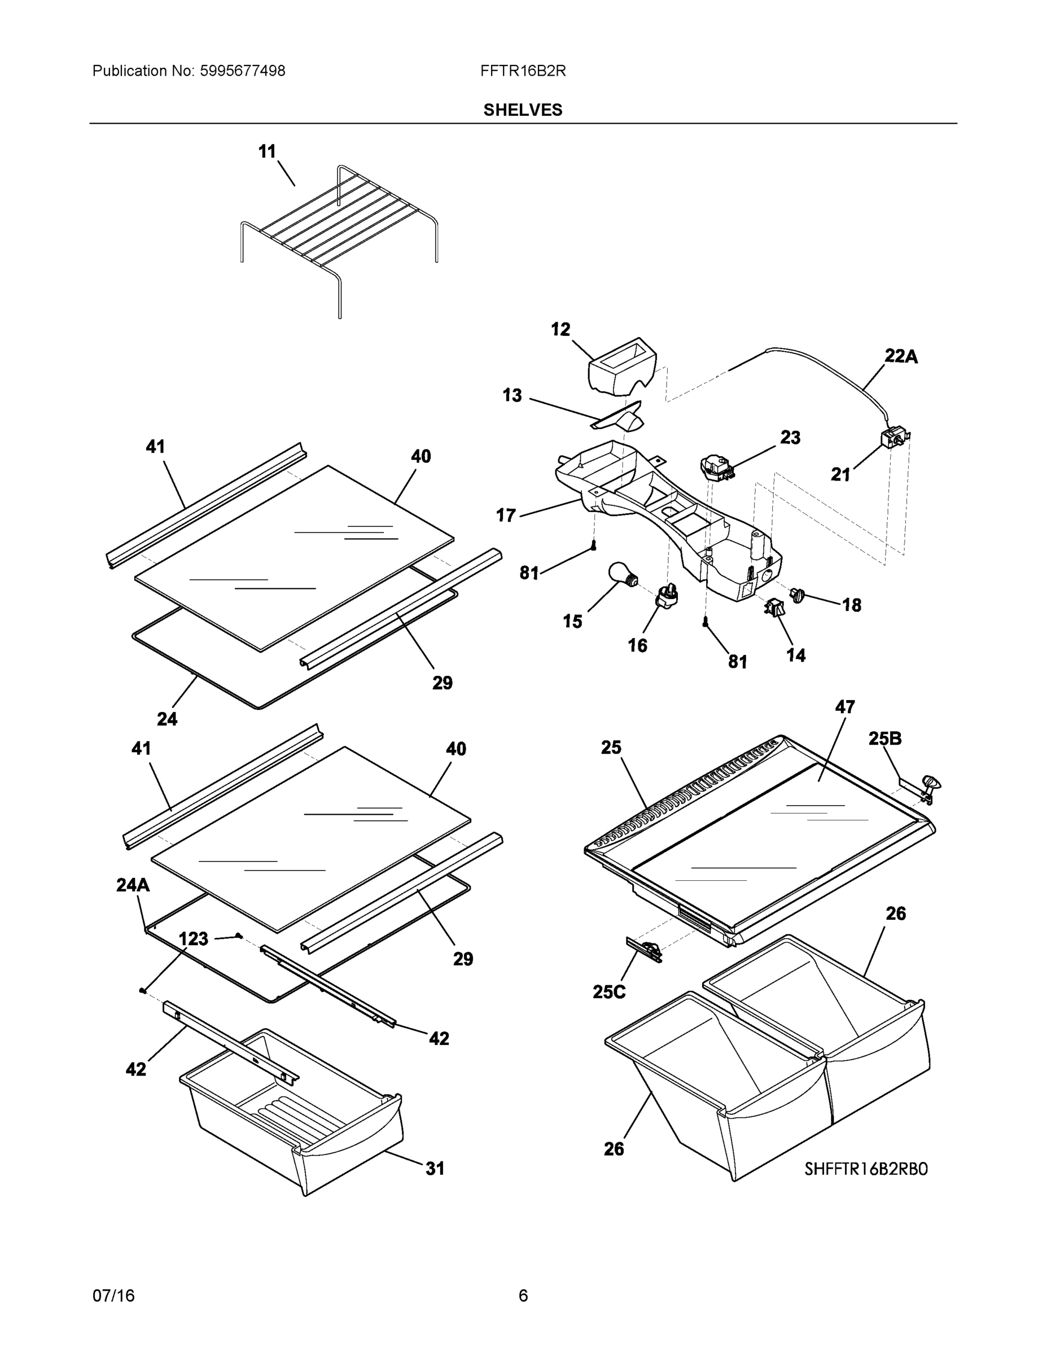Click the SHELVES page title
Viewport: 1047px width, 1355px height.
pyautogui.click(x=523, y=110)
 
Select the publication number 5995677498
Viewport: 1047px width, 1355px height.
pyautogui.click(x=242, y=71)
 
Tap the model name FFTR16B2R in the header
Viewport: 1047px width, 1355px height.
pyautogui.click(x=523, y=71)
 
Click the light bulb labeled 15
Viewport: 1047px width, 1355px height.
pyautogui.click(x=622, y=573)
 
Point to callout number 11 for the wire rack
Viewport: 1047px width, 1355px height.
pyautogui.click(x=267, y=151)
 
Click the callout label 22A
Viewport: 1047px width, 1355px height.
pyautogui.click(x=901, y=356)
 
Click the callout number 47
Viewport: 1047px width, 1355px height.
pyautogui.click(x=845, y=707)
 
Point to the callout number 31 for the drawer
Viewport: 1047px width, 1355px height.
pyautogui.click(x=434, y=1168)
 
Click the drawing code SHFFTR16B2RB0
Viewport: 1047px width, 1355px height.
pyautogui.click(x=866, y=1169)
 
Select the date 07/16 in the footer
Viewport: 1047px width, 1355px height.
pyautogui.click(x=113, y=1296)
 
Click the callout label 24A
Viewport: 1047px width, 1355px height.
pyautogui.click(x=133, y=885)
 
